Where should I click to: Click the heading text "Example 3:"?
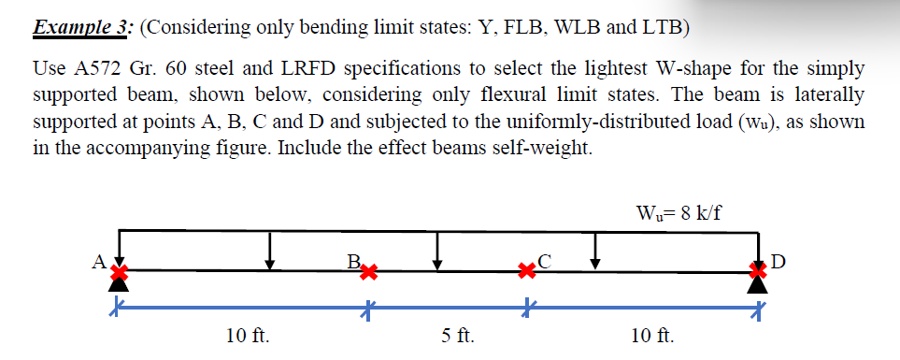82,26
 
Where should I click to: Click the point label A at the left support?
97,261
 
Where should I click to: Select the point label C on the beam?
546,261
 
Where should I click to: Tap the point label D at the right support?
783,260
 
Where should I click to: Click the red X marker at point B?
369,273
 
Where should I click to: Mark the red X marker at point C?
530,272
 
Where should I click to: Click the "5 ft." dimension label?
457,336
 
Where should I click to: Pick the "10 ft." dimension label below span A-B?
248,336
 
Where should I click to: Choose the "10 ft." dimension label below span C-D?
654,336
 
